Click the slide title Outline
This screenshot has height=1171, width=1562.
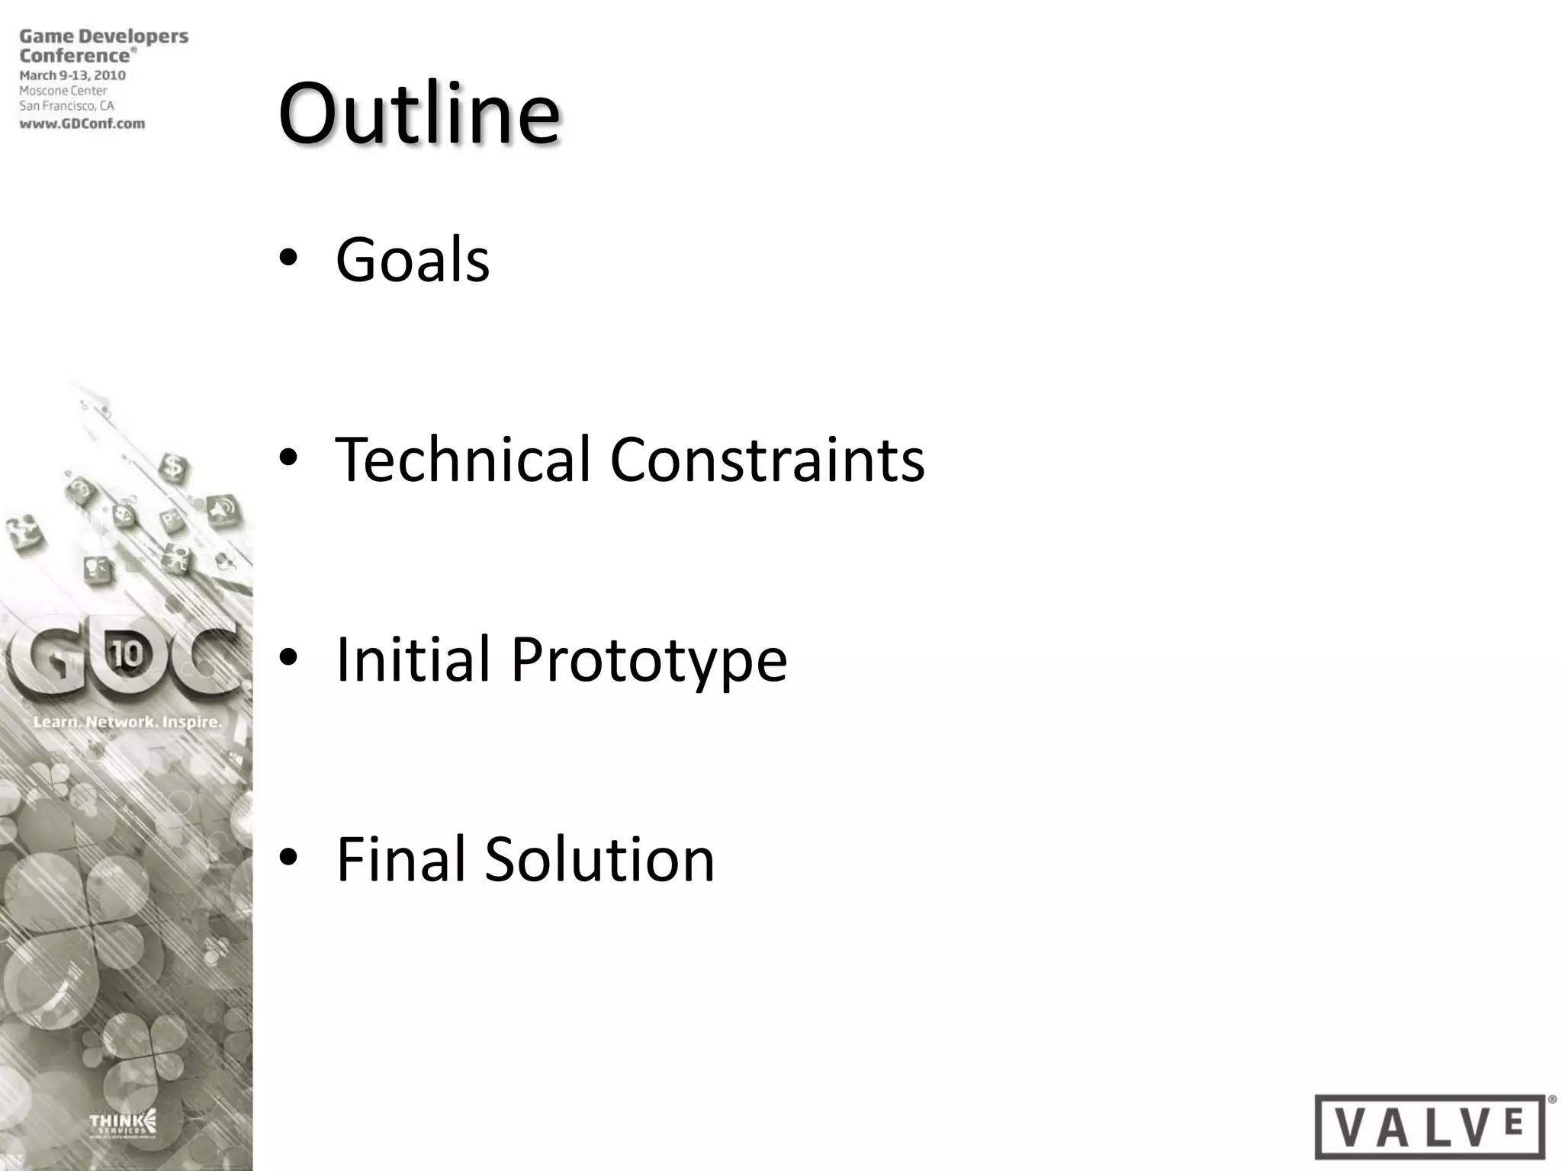click(419, 114)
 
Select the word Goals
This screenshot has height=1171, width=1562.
click(413, 260)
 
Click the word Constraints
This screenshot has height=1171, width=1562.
click(767, 460)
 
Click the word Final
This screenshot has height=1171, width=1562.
click(400, 859)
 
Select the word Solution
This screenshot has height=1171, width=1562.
click(599, 859)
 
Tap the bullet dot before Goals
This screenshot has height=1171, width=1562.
click(288, 259)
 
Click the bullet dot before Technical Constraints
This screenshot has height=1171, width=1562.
click(288, 459)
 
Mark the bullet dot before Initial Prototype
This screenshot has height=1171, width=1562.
click(288, 658)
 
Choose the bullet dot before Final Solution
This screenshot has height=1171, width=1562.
click(288, 858)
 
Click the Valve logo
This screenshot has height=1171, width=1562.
click(1430, 1126)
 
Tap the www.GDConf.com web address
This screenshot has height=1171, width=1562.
click(82, 124)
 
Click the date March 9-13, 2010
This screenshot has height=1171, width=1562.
click(72, 75)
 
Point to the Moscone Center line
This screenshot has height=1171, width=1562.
click(63, 91)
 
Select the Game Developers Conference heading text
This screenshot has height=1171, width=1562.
click(103, 46)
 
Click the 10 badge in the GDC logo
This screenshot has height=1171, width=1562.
click(127, 655)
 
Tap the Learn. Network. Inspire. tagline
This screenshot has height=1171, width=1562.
click(127, 721)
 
